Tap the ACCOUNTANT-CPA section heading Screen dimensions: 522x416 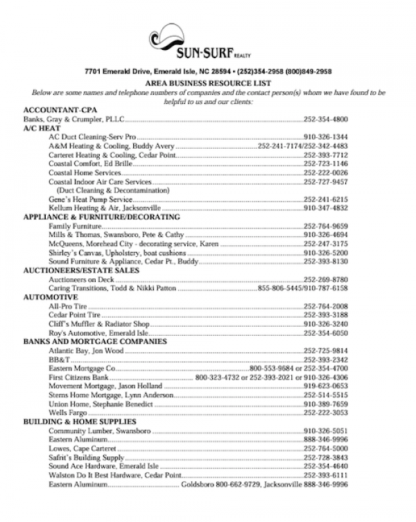(60, 110)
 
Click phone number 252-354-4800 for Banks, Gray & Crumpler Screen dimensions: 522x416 (325, 119)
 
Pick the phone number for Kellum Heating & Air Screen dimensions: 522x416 (325, 208)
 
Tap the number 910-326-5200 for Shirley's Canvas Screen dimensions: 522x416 (325, 253)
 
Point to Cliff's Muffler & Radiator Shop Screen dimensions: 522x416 (99, 323)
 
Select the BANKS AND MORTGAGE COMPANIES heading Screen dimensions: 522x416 (95, 341)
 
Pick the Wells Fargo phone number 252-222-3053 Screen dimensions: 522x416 (325, 413)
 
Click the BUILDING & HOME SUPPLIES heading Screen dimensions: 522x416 (80, 422)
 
